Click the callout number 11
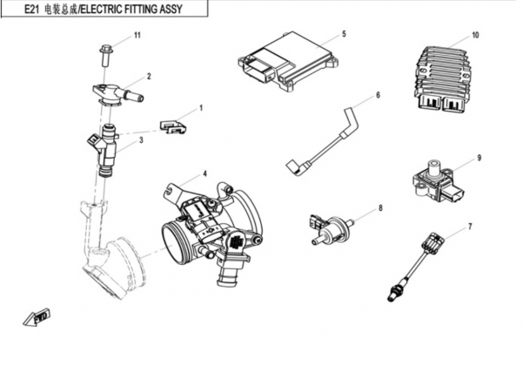[x=137, y=35]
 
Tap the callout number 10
[x=475, y=36]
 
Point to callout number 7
[x=470, y=227]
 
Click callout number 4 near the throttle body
[x=204, y=173]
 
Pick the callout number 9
[x=478, y=158]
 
